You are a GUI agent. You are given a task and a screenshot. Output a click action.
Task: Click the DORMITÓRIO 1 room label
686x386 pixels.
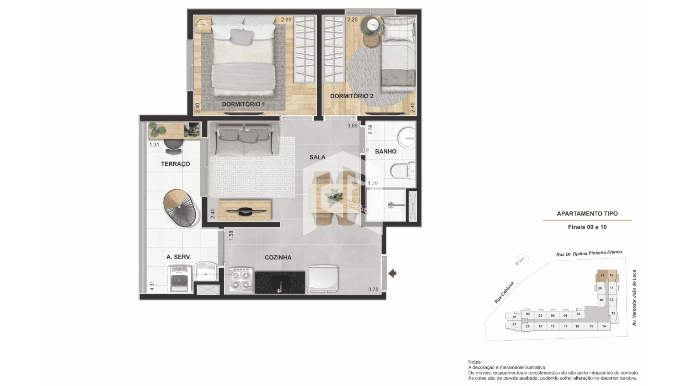243,104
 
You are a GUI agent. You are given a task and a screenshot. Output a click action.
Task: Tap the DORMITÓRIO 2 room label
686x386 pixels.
352,96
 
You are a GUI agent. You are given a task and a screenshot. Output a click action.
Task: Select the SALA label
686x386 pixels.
317,157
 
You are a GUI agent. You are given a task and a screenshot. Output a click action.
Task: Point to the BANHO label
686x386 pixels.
386,152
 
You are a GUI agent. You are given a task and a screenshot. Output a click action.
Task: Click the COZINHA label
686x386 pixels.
278,257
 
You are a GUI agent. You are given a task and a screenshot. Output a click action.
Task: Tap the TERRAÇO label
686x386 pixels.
175,164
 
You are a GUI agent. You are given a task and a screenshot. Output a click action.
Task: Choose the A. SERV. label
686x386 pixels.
179,257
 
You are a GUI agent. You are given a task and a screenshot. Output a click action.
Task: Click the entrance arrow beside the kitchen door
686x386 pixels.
392,273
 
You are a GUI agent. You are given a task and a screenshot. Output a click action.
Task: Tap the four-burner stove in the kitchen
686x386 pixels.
241,281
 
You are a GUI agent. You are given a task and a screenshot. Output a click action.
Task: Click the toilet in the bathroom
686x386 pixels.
403,170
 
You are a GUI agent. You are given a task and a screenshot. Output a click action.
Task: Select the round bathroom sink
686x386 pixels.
407,138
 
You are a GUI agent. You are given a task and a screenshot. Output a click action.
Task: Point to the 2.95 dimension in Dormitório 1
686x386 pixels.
286,20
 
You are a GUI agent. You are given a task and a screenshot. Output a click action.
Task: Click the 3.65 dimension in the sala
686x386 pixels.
352,126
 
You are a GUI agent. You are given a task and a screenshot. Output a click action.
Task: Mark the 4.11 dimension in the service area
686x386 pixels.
152,286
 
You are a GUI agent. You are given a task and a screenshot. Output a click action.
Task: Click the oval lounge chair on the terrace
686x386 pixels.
181,208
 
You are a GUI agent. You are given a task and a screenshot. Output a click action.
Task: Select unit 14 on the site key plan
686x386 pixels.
604,326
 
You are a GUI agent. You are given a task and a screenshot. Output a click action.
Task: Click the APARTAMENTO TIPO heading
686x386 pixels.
587,214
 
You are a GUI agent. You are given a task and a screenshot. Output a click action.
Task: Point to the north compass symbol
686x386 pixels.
523,259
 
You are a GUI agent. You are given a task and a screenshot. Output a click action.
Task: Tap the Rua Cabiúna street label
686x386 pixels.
504,293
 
